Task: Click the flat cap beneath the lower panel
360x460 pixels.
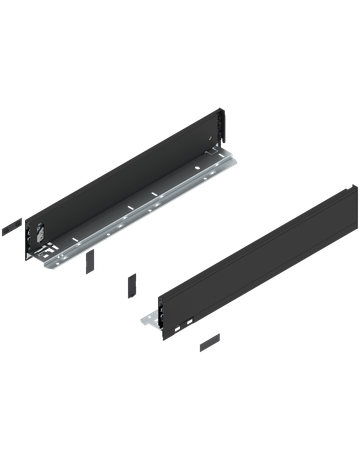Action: click(x=207, y=343)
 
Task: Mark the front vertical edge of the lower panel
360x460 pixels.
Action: click(x=161, y=310)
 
